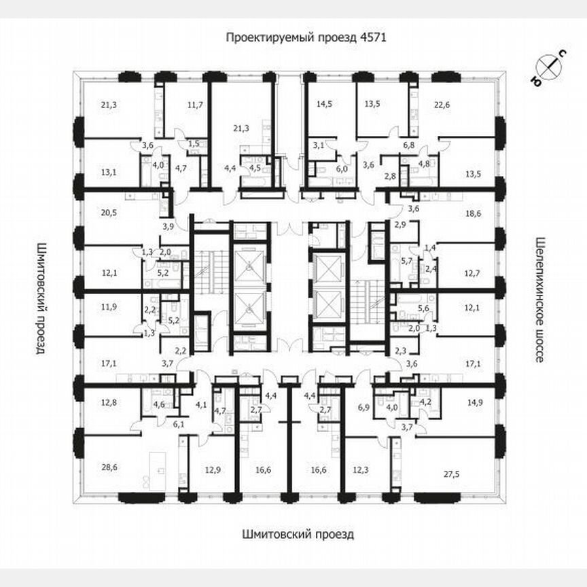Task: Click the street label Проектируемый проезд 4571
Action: pos(306,37)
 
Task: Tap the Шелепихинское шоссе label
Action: pos(541,300)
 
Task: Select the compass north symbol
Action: pos(548,67)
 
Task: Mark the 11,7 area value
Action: pos(195,105)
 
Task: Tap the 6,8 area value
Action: pos(408,145)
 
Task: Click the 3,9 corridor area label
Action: pos(168,226)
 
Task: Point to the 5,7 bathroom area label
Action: pos(406,261)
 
